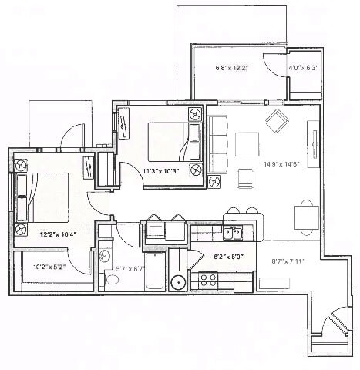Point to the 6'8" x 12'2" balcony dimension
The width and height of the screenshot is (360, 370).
pyautogui.click(x=233, y=68)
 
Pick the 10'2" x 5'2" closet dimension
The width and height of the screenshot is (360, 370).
pyautogui.click(x=49, y=267)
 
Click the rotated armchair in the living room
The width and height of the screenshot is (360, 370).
pyautogui.click(x=275, y=120)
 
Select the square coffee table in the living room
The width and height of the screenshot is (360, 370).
pyautogui.click(x=247, y=144)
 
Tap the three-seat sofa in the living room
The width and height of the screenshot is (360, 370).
pyautogui.click(x=217, y=144)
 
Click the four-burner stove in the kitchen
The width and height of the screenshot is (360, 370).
pyautogui.click(x=207, y=279)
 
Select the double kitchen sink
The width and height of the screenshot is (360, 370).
pyautogui.click(x=233, y=233)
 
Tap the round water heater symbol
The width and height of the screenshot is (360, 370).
pyautogui.click(x=176, y=282)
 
